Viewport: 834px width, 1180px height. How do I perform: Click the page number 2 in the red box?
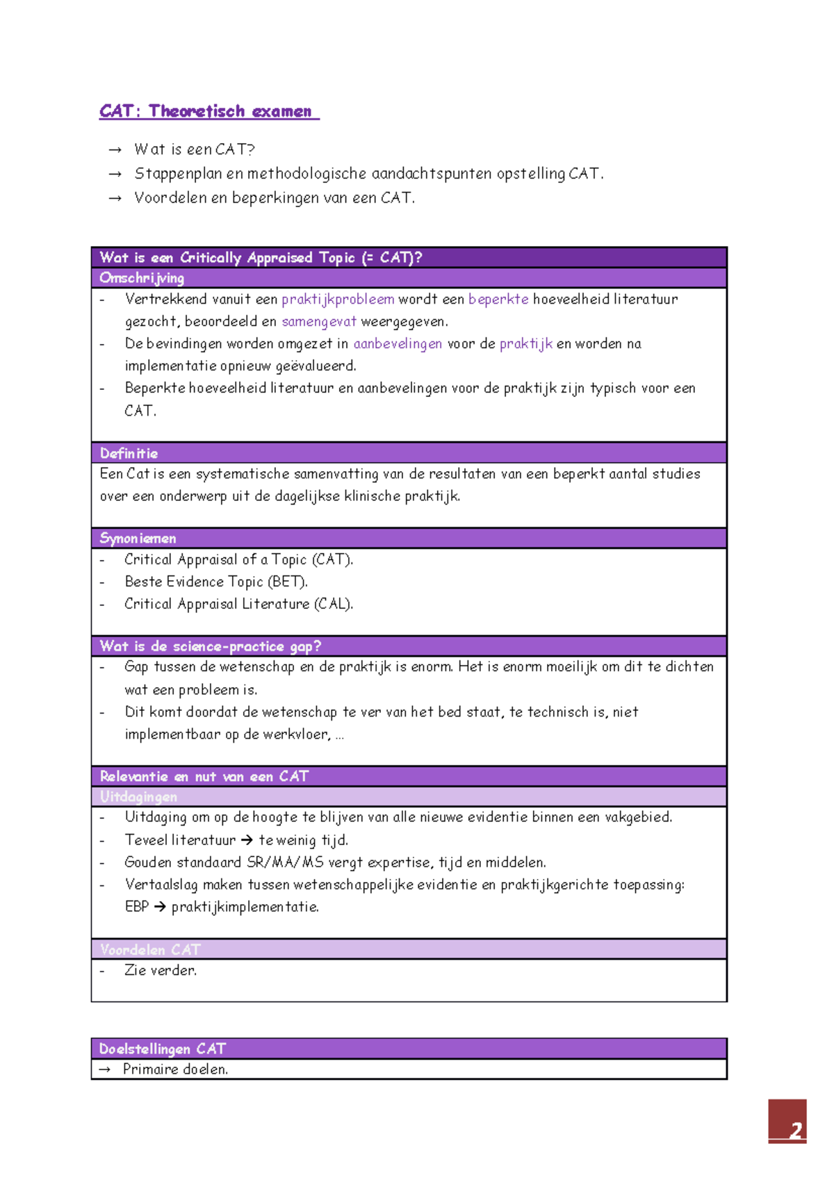794,1131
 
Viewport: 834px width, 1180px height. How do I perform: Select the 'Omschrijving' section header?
142,278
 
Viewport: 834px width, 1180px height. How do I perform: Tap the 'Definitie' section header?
129,453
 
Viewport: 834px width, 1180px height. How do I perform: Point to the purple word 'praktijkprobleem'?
338,300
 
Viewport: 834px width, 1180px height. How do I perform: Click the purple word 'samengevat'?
319,322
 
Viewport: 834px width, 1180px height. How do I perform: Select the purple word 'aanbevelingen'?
398,344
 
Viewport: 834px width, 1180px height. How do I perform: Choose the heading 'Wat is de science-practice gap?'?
210,646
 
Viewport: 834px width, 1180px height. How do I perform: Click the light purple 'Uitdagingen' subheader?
138,796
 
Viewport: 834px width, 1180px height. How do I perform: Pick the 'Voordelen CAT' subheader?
149,949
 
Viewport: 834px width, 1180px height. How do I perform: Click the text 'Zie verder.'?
161,971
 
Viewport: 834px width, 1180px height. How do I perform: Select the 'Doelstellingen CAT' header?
162,1049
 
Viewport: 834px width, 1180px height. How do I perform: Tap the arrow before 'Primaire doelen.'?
105,1070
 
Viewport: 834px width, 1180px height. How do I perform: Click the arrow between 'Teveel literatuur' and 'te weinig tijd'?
247,841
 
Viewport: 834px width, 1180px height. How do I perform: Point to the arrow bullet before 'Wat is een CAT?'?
115,150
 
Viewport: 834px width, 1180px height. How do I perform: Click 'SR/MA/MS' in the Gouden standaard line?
285,862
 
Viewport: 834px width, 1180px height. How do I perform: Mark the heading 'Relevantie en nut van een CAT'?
204,776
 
